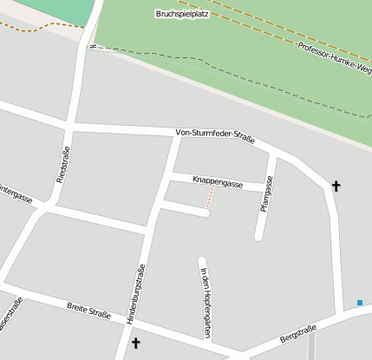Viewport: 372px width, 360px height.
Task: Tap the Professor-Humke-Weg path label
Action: coord(334,56)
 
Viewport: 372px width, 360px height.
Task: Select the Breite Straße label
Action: coord(88,308)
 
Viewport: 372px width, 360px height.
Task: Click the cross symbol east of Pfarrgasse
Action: coord(336,185)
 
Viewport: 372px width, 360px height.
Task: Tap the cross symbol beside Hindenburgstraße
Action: coord(135,344)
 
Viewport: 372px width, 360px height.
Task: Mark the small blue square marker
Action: coord(360,303)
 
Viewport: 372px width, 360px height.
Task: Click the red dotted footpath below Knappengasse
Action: coord(209,199)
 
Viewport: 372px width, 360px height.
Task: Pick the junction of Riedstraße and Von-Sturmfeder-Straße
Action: coord(69,128)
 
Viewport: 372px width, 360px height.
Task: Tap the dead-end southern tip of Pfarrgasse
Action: coord(259,236)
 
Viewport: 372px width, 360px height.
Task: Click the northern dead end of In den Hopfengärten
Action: coord(202,260)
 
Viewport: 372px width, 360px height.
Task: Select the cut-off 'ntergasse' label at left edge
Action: coord(15,193)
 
